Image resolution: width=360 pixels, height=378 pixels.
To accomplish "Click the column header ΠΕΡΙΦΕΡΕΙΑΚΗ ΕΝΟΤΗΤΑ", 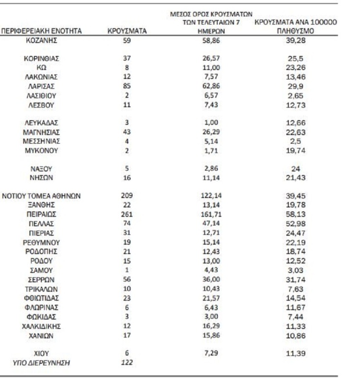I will (x=42, y=31).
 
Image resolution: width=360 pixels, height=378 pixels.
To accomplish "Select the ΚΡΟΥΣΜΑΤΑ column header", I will (x=127, y=31).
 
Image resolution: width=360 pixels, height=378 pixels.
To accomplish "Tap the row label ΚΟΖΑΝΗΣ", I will (x=42, y=40).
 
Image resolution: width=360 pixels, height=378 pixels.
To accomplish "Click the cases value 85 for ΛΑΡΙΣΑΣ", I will (x=127, y=86).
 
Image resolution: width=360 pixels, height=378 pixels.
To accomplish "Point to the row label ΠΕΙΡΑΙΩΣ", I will (x=42, y=214).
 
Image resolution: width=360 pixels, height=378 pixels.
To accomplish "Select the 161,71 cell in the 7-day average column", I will (x=212, y=214).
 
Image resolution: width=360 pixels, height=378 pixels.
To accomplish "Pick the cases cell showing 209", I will (x=127, y=196).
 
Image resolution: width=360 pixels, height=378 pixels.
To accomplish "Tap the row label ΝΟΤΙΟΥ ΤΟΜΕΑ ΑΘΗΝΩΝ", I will (x=42, y=196).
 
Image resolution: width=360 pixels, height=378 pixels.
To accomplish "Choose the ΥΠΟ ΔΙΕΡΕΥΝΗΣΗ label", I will (x=42, y=362).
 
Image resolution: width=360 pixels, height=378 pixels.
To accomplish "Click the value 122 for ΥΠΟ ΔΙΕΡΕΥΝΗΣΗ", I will (x=127, y=362).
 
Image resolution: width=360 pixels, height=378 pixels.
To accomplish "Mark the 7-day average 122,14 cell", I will (x=212, y=196).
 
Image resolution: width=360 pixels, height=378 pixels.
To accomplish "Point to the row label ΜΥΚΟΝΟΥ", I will (x=42, y=151).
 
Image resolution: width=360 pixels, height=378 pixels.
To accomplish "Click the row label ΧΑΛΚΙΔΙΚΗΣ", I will (x=42, y=326).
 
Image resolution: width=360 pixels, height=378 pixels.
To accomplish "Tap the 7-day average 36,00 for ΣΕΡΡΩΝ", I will (x=212, y=279).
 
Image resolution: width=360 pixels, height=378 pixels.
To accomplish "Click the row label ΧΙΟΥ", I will (x=42, y=353).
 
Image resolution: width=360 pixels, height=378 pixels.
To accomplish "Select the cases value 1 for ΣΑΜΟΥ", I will (x=127, y=270).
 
